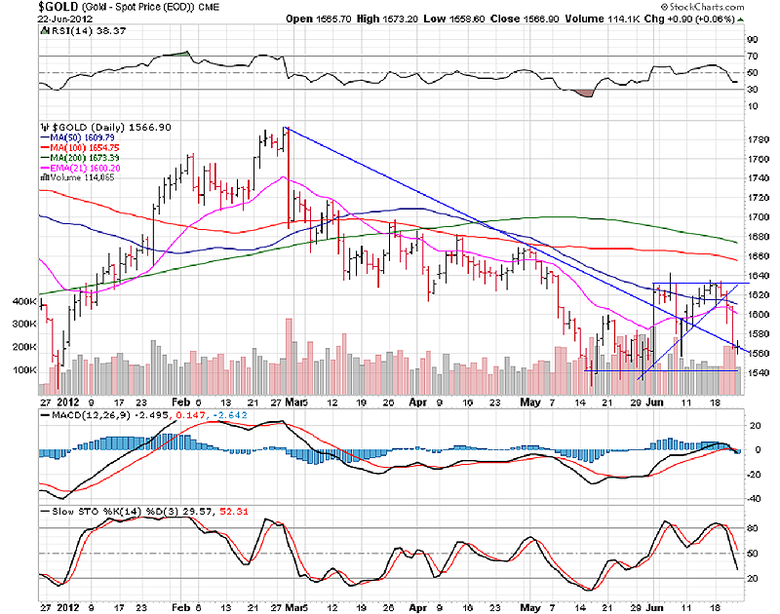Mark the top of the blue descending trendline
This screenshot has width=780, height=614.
point(284,128)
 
